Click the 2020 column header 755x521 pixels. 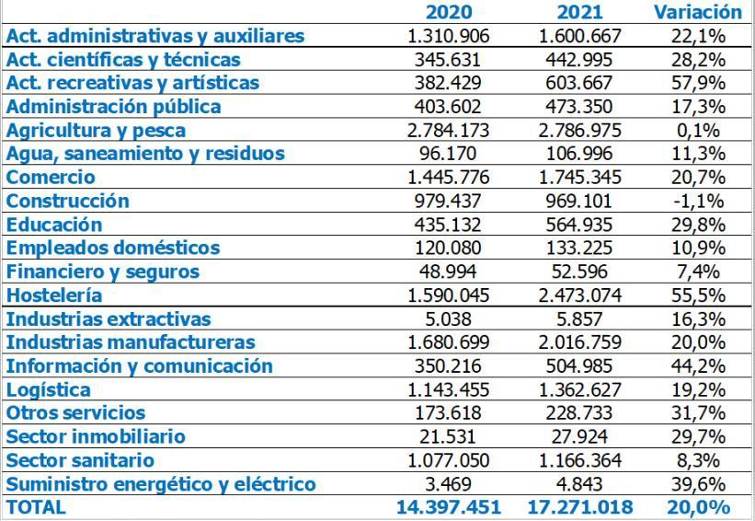point(449,12)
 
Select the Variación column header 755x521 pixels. point(697,12)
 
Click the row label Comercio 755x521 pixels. point(51,177)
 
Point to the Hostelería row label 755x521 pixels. point(54,295)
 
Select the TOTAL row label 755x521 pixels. point(36,507)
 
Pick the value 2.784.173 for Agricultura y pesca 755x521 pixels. point(449,130)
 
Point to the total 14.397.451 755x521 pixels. point(449,507)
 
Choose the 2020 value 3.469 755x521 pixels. point(449,483)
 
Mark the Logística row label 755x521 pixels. point(49,389)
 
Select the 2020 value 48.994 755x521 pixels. point(449,272)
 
